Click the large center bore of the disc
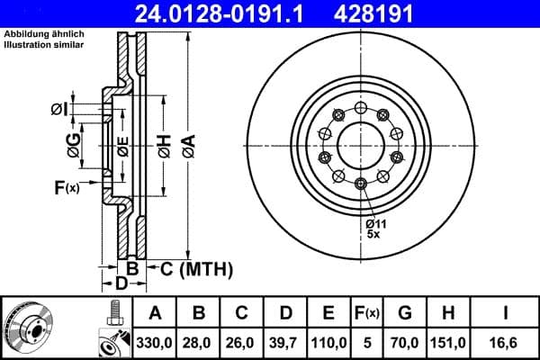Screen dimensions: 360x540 (x=360, y=142)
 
